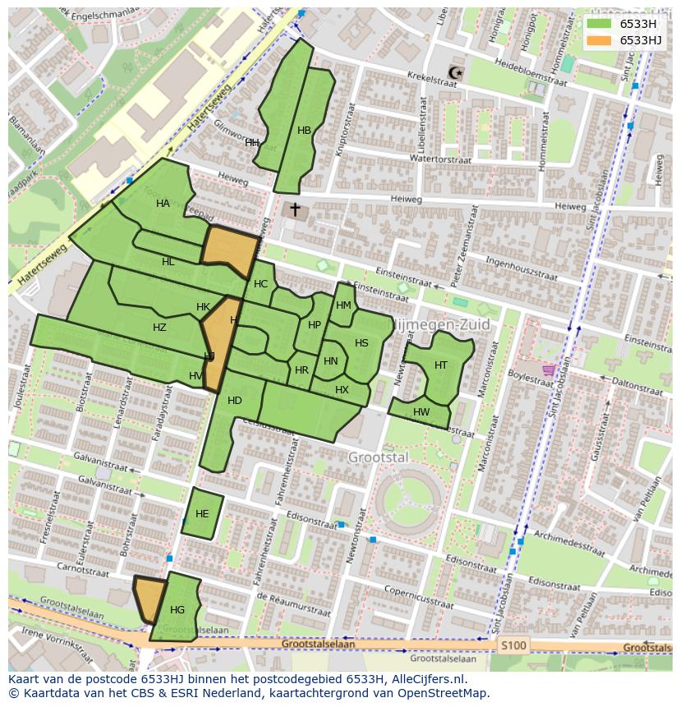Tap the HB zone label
(x=305, y=131)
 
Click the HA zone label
(x=163, y=204)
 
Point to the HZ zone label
(x=159, y=328)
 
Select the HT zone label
(x=441, y=365)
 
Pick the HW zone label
(x=421, y=412)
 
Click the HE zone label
(x=202, y=514)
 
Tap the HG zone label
(x=177, y=610)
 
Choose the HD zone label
(x=235, y=401)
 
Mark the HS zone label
(x=361, y=343)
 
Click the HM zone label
(x=343, y=305)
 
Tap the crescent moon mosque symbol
(x=456, y=74)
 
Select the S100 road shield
(x=513, y=645)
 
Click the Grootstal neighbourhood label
(x=377, y=457)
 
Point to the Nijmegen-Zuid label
(x=443, y=325)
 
